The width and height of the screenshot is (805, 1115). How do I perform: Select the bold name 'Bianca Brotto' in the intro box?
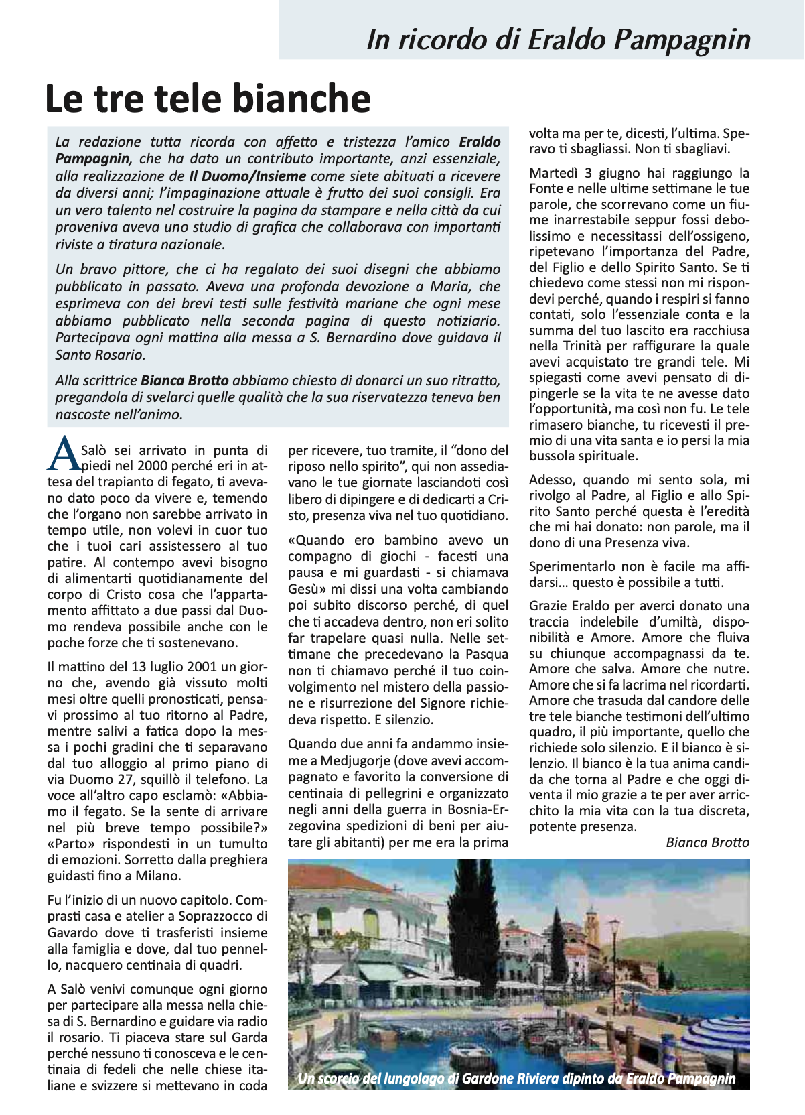(185, 381)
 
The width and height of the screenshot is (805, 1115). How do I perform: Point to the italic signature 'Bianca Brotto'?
(707, 842)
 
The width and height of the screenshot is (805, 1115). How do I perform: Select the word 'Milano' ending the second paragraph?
(159, 876)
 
